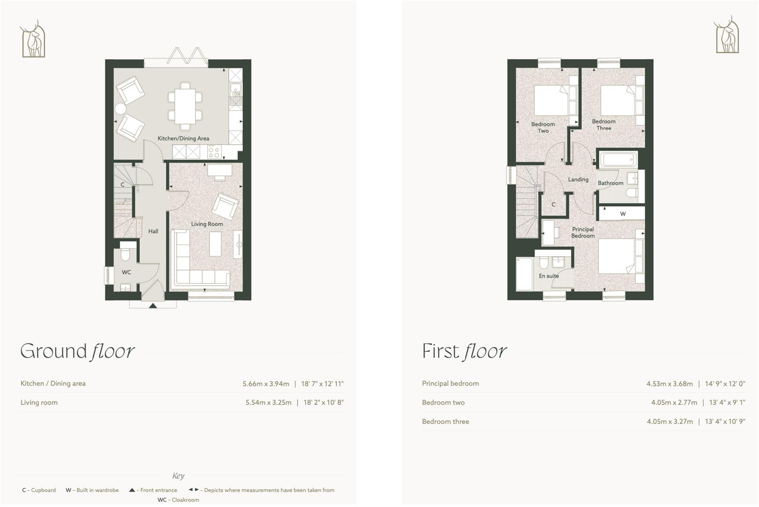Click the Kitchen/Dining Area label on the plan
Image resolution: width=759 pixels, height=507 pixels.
(x=183, y=138)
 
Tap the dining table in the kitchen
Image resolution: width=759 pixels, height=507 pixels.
(x=185, y=106)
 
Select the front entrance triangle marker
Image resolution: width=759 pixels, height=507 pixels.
(x=153, y=306)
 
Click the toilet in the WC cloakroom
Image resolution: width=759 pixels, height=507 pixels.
(x=125, y=254)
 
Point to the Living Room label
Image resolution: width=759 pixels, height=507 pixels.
(x=207, y=224)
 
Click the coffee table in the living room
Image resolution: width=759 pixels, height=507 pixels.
(x=215, y=245)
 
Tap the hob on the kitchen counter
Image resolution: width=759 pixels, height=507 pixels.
(x=214, y=152)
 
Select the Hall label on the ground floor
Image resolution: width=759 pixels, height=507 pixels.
(x=153, y=231)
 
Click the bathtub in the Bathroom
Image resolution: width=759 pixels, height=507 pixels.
(x=618, y=159)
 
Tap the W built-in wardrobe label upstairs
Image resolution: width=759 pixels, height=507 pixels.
(x=623, y=214)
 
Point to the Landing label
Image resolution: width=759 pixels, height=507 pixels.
(x=578, y=179)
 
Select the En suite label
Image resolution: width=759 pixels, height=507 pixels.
(x=549, y=276)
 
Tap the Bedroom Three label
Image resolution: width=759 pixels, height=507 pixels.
(x=604, y=125)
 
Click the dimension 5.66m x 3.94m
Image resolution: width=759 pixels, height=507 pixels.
(x=266, y=384)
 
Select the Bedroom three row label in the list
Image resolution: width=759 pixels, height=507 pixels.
(x=445, y=422)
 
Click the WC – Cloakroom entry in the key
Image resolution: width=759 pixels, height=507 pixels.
(x=178, y=500)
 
